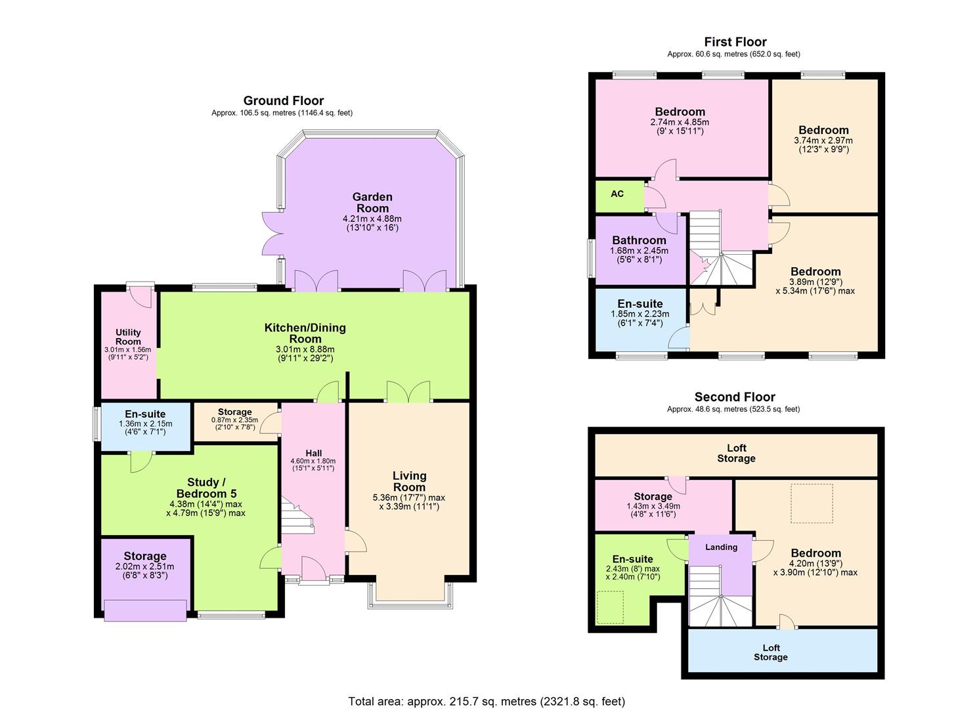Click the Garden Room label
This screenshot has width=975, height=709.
coord(372,202)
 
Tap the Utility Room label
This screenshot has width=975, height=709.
coord(128,337)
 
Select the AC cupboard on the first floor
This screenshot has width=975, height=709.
coord(617,194)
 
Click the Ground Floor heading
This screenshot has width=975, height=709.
coord(283,100)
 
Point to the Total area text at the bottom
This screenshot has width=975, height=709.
coord(487,701)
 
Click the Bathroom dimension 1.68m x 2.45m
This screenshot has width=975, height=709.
coord(639,251)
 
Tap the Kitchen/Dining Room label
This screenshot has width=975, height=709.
coord(305,333)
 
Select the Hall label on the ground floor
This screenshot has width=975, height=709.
coord(313,453)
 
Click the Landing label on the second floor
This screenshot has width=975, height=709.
coord(721,547)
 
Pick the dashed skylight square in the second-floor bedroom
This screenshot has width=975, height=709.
coord(812,504)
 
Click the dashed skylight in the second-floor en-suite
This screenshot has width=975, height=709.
coord(610,607)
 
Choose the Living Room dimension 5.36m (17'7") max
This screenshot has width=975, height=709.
coord(409,498)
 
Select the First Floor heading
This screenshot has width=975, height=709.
coord(735,42)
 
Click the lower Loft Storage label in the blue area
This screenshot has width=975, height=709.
coord(770,653)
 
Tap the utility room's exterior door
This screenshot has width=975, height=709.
coord(141,296)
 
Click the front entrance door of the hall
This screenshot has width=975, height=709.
coord(314,569)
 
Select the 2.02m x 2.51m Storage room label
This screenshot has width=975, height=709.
coord(144,556)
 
